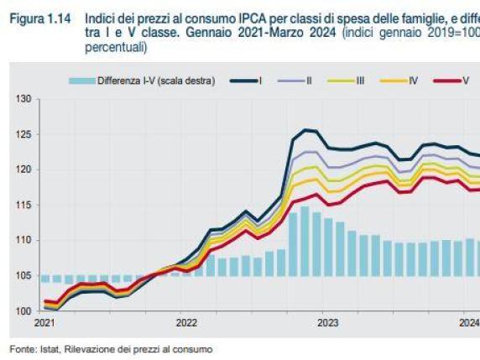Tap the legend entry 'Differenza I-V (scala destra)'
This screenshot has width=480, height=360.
point(142,81)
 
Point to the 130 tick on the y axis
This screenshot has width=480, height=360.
point(23,99)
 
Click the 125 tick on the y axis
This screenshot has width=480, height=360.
point(23,134)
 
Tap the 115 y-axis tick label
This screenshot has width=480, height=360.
point(23,205)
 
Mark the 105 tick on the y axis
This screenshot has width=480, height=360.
point(23,275)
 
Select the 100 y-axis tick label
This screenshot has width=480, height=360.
point(23,310)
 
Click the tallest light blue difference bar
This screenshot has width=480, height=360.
point(305,243)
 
